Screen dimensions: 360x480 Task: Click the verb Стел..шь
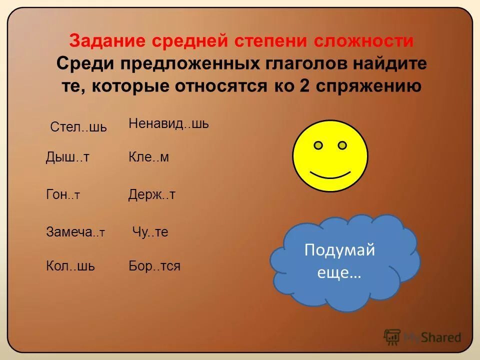78,127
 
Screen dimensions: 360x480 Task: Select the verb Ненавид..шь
168,124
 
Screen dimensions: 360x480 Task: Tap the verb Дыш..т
67,157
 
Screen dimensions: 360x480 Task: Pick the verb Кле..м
149,157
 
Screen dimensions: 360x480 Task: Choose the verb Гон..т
63,195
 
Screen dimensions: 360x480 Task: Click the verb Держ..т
152,195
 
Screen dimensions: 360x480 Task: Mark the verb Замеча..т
75,232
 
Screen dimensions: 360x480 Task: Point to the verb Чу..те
150,232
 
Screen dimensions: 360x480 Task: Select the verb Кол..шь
70,266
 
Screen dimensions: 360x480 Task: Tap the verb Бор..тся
154,266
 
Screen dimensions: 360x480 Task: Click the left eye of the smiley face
318,145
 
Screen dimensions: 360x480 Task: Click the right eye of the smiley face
342,145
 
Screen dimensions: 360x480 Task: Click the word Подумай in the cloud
339,250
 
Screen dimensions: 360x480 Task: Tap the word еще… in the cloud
339,274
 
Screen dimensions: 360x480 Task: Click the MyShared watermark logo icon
392,337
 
